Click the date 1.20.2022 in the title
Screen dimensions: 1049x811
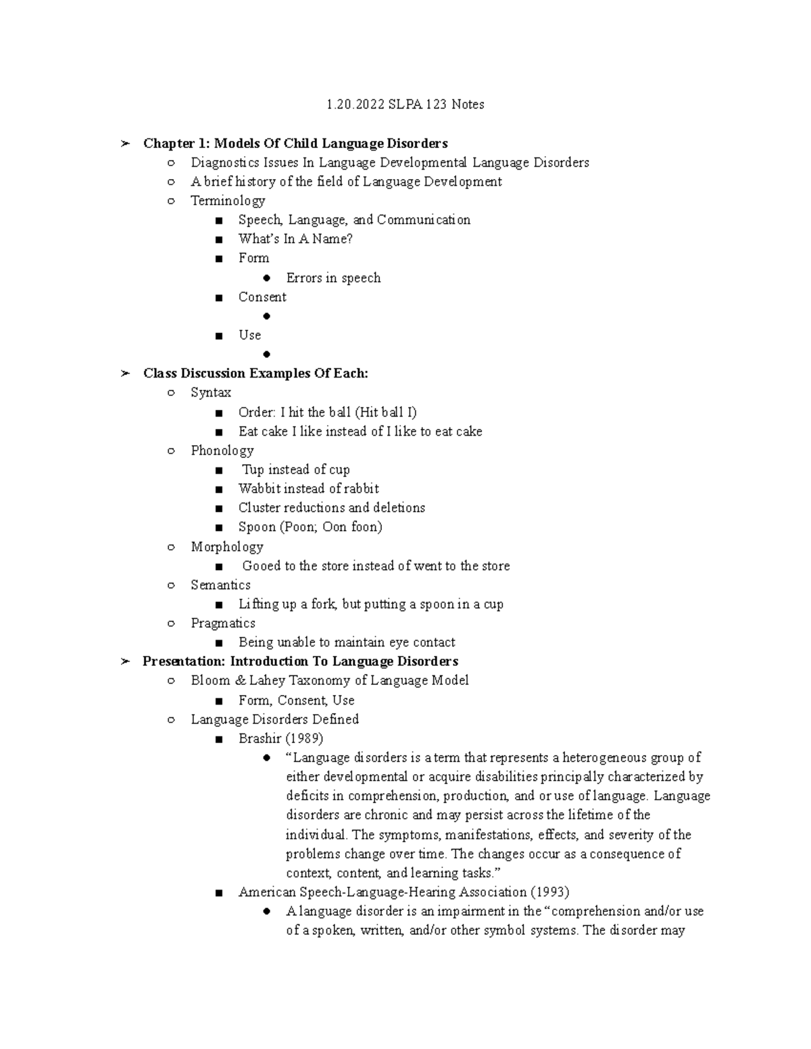coord(355,105)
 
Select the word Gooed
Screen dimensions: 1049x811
coord(261,566)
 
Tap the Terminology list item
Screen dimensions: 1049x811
coord(228,201)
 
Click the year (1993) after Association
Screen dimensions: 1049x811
coord(550,892)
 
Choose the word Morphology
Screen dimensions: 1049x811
coord(226,546)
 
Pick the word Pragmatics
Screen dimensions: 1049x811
coord(223,623)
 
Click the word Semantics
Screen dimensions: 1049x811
coord(220,585)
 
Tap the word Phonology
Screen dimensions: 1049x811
coord(222,451)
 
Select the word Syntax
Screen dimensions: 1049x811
coord(211,392)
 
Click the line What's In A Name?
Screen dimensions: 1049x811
coord(295,238)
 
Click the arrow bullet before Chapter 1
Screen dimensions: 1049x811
coord(124,143)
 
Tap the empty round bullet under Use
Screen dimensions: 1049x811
coord(267,354)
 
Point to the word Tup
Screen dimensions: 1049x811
coord(253,469)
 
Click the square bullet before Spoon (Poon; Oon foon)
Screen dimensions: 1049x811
coord(218,528)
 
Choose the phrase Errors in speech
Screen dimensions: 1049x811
coord(333,278)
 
